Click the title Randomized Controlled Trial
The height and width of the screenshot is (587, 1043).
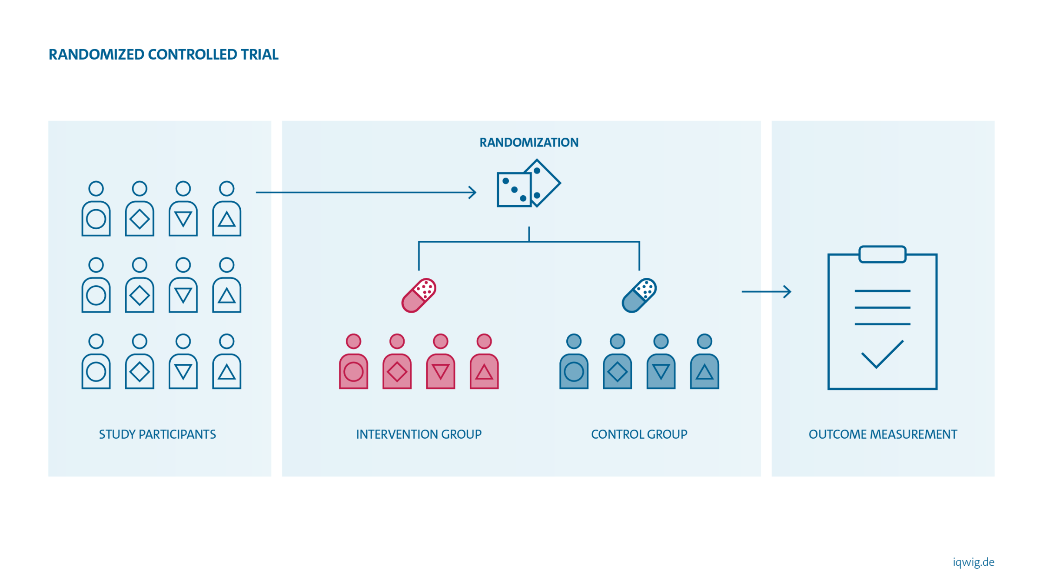(x=163, y=55)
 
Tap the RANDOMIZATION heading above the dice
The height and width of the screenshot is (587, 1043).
(x=529, y=143)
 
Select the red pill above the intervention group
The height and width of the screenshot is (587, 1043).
(x=419, y=296)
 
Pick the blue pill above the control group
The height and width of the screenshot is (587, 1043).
(x=639, y=296)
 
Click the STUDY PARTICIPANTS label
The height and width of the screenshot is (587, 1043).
(x=157, y=434)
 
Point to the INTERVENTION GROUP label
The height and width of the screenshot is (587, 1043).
(x=419, y=434)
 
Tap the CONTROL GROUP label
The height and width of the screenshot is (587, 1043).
(x=639, y=434)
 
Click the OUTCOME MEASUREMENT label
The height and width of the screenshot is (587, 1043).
(x=883, y=434)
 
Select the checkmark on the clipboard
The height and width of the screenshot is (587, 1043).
(x=882, y=354)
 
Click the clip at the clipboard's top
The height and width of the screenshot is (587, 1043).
(x=883, y=254)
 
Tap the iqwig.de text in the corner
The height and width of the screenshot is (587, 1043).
(x=973, y=562)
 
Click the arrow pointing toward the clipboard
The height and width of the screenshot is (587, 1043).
(x=767, y=291)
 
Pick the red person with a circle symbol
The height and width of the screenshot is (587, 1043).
(x=354, y=363)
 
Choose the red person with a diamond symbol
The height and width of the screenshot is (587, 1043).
(x=397, y=363)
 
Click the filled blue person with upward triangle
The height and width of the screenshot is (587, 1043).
(x=704, y=363)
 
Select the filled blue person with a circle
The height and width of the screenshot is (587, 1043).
(x=574, y=363)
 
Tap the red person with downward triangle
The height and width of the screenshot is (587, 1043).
(x=441, y=363)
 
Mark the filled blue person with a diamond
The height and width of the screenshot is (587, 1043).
(x=618, y=363)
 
